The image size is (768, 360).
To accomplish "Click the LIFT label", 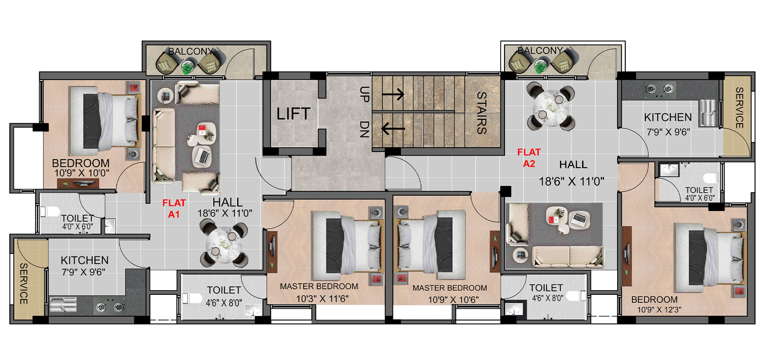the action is pos(293,114).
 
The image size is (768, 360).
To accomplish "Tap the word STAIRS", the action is pos(481,113).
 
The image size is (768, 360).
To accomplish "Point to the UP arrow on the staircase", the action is pos(393,94).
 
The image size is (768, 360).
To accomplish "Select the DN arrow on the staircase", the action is pos(393,129).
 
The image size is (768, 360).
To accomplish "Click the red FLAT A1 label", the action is pos(174,208).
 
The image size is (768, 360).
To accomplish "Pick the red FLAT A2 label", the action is pos(529,158).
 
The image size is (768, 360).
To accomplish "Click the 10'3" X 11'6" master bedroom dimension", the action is pos(322,299).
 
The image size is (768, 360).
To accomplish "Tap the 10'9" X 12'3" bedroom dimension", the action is pos(659,309).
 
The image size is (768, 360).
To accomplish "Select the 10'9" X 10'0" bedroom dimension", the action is pos(82,173).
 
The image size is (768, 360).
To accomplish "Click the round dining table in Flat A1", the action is pos(224,244).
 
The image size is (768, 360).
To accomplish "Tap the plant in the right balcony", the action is pos(540,66).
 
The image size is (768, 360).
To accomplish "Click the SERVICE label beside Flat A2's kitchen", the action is pos(739,108).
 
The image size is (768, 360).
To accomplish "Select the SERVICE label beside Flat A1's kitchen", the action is pos(24,284).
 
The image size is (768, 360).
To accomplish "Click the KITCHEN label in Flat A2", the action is pos(668,117).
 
